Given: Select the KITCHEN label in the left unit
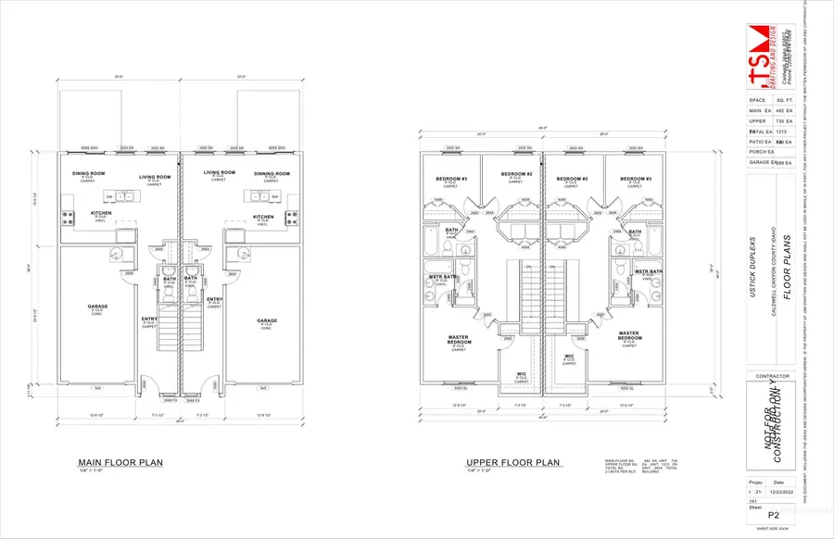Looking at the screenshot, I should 101,213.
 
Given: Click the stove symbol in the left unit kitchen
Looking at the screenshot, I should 67,218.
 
